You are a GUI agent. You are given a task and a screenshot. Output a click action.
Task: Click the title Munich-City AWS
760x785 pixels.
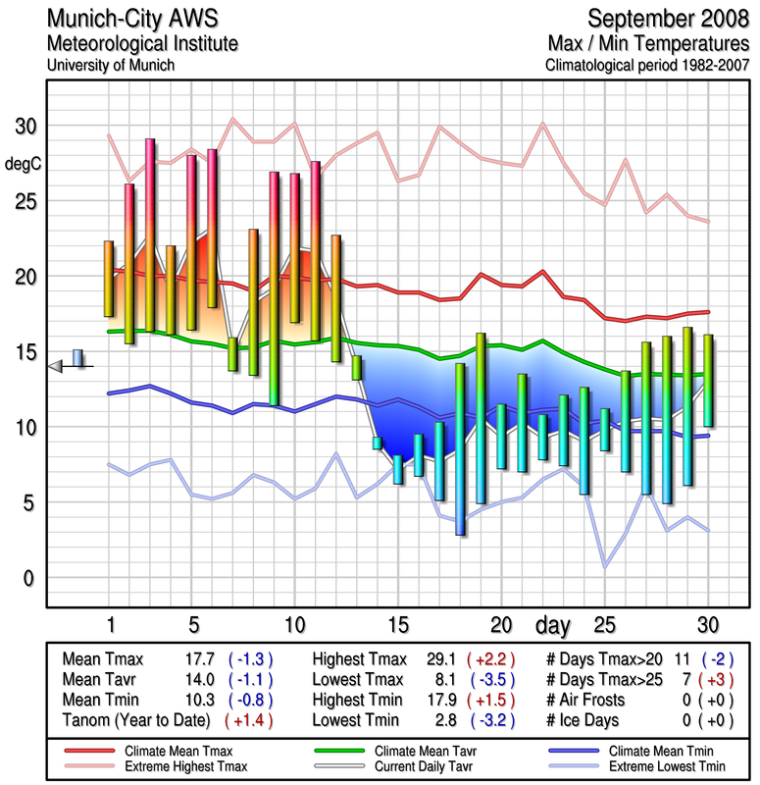[130, 19]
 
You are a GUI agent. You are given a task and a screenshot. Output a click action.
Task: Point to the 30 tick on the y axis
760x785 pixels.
[25, 127]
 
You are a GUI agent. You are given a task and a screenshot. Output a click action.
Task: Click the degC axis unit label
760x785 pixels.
[25, 164]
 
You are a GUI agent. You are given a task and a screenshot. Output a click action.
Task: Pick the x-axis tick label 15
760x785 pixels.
[397, 625]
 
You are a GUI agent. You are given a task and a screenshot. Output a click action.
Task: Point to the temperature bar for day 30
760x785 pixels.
[708, 381]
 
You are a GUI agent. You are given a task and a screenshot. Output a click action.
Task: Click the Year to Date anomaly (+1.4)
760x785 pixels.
[249, 720]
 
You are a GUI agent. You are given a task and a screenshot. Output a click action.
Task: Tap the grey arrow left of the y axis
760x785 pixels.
[55, 366]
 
